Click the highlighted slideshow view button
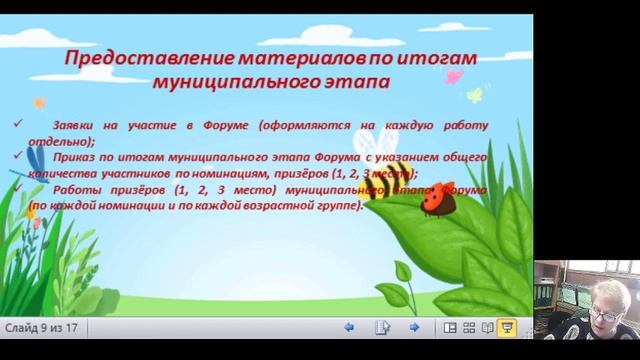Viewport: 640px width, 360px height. [x=507, y=328]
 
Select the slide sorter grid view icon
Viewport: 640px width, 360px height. [x=468, y=328]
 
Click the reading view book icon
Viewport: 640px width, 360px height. [x=487, y=328]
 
